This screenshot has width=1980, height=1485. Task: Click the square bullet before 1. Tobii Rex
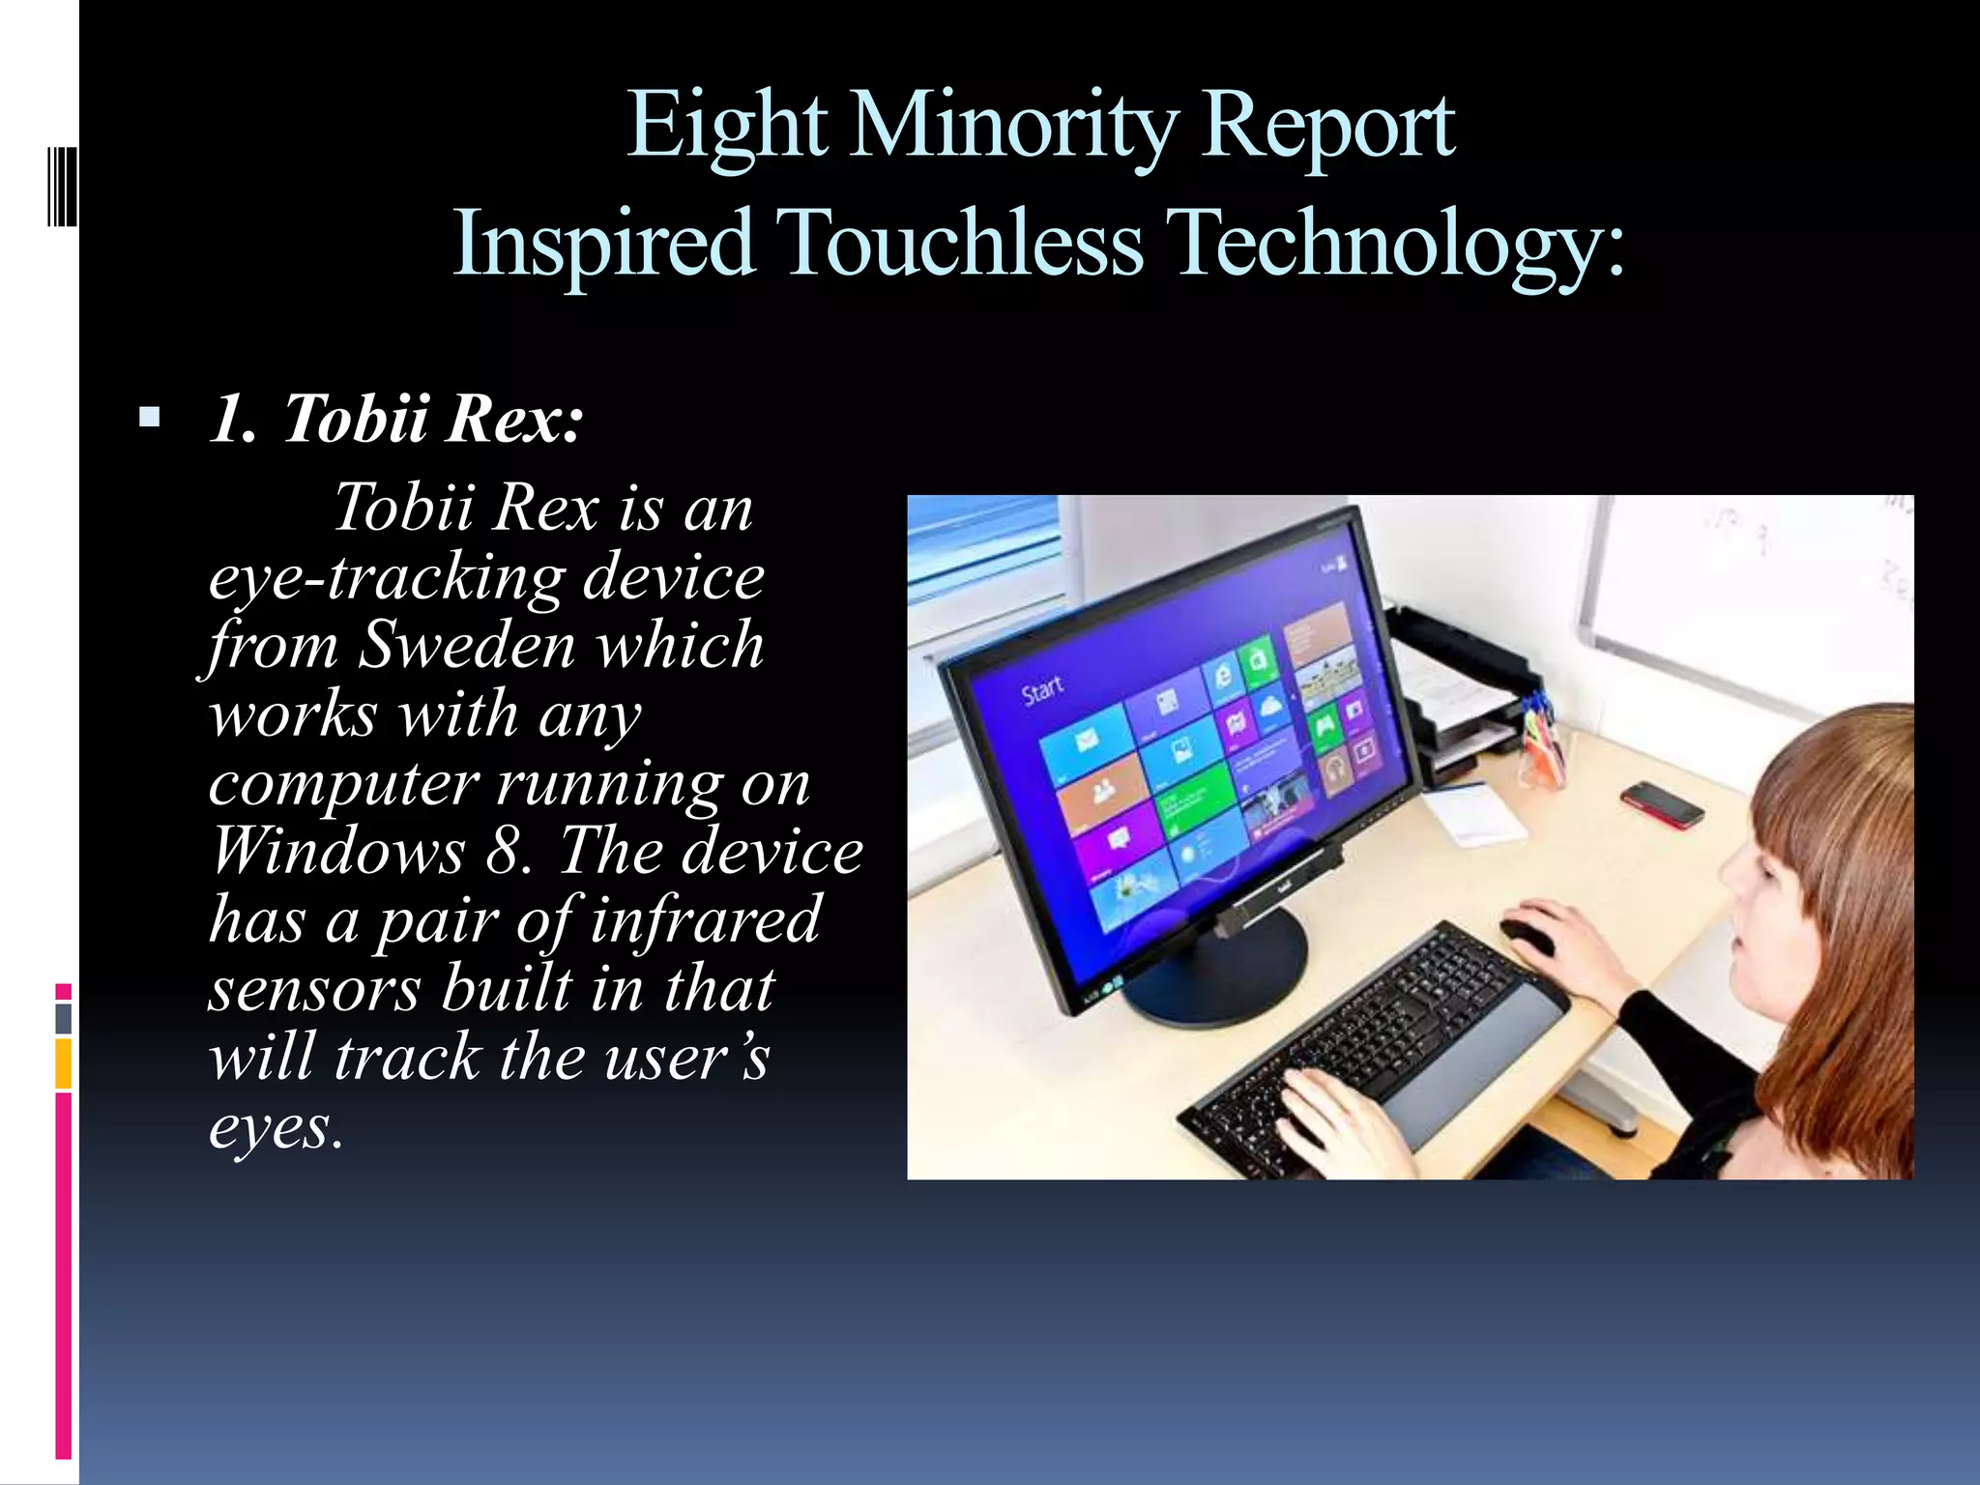149,418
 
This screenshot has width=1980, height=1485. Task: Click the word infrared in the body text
705,919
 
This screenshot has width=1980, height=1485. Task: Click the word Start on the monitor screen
1042,690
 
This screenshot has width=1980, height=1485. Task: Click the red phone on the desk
1662,803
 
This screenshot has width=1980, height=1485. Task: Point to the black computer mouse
1528,934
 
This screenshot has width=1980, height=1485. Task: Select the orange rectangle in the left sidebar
63,1063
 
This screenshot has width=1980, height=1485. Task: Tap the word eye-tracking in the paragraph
387,576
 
